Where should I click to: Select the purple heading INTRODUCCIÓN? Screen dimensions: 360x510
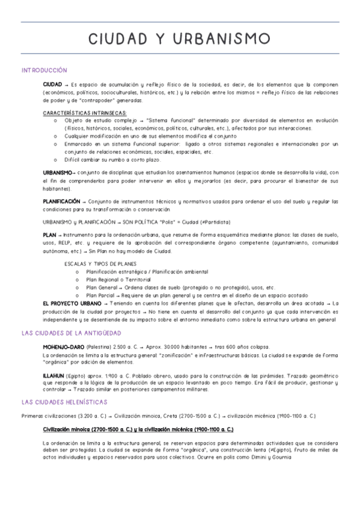(x=44, y=70)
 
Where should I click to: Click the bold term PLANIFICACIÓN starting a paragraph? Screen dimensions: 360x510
(x=61, y=201)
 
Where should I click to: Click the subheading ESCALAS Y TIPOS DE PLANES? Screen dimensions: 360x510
(x=100, y=263)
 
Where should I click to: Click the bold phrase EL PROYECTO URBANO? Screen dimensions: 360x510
(x=68, y=304)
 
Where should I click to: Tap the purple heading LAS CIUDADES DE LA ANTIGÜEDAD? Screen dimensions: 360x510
(x=71, y=333)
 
